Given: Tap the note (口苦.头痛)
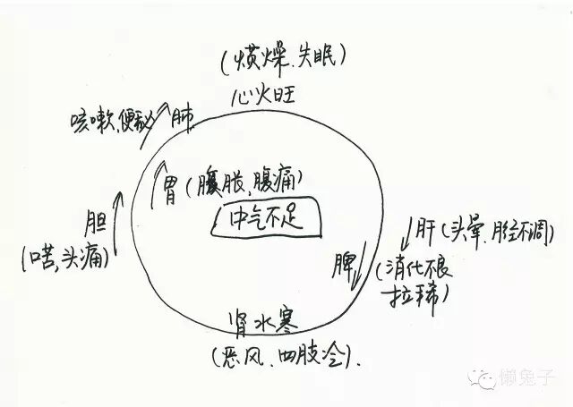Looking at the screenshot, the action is [65, 260].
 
